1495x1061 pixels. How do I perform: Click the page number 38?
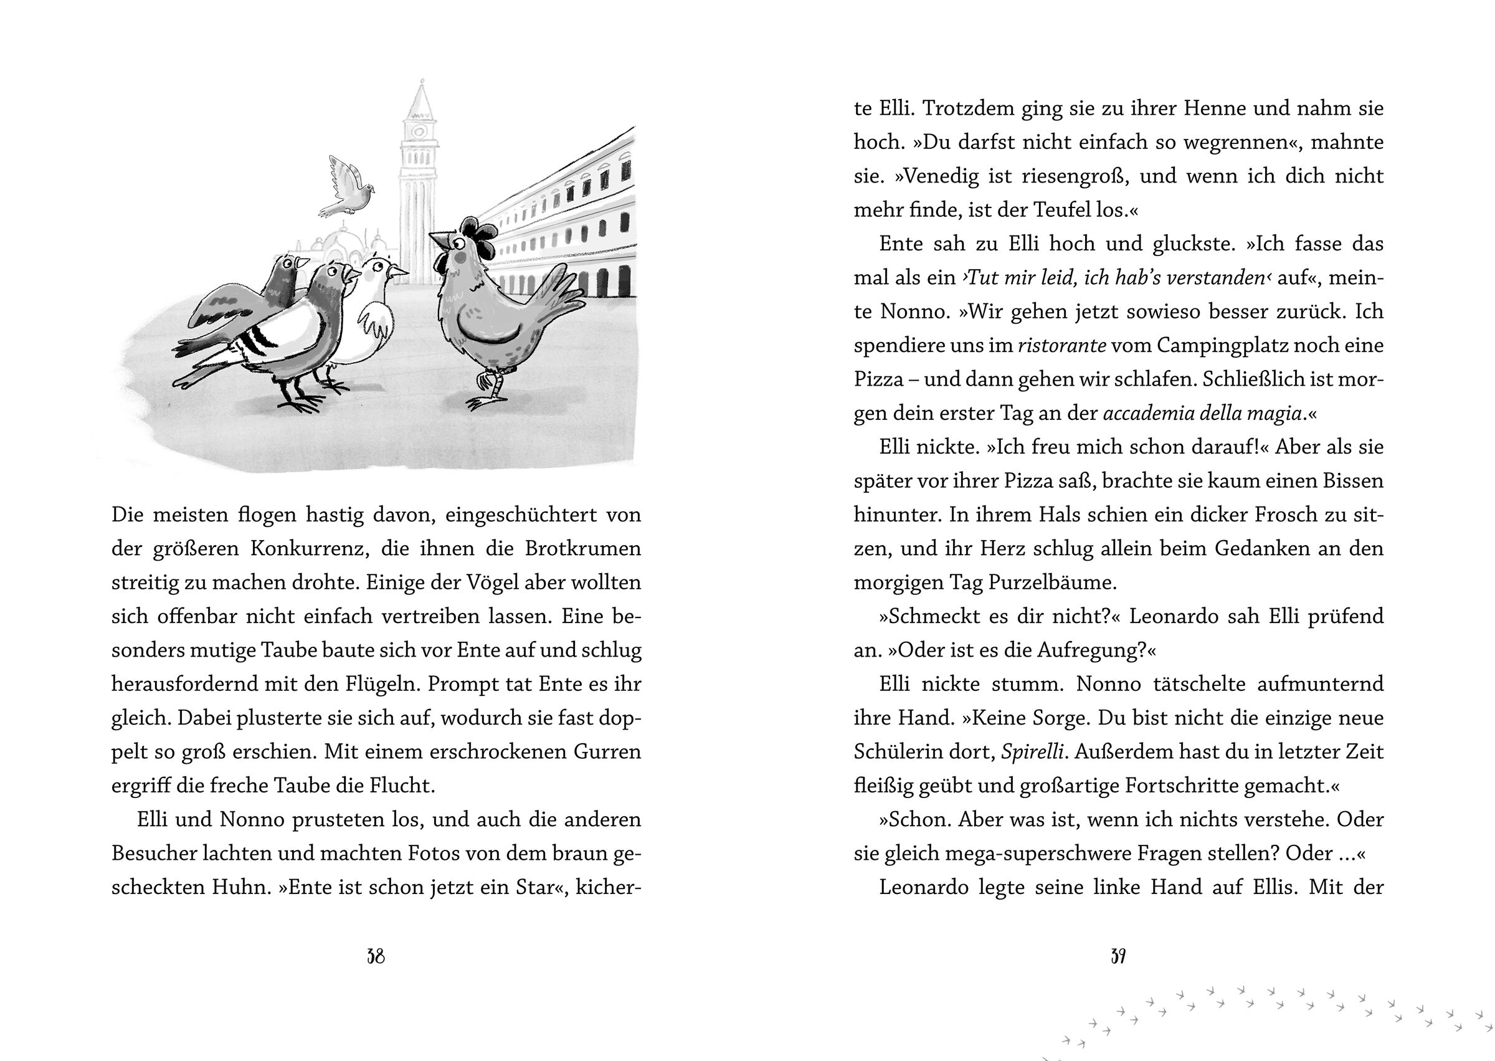click(x=376, y=957)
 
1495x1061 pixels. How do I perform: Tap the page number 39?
click(x=1118, y=957)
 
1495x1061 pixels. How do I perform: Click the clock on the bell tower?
click(x=419, y=131)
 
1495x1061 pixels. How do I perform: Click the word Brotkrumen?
click(x=582, y=549)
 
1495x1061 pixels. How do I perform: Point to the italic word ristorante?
click(x=1061, y=346)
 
